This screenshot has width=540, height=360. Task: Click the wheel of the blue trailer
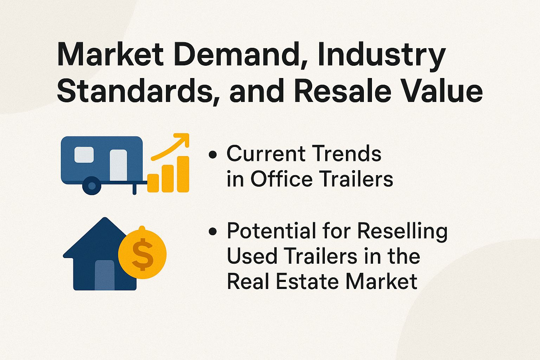pos(92,185)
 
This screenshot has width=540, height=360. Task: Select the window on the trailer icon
pos(84,155)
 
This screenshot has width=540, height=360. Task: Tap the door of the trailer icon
pos(118,165)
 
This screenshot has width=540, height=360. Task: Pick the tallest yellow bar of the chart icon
pos(183,174)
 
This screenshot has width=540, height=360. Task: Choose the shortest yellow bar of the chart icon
pos(153,183)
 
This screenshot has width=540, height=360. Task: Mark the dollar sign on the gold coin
pos(142,254)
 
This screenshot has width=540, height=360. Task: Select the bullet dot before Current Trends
pos(212,154)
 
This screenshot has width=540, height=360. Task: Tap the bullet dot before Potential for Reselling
pos(212,231)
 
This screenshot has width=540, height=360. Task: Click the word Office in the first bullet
pos(281,179)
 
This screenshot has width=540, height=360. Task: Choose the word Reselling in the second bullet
pos(403,231)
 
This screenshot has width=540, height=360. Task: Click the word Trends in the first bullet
pos(347,154)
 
